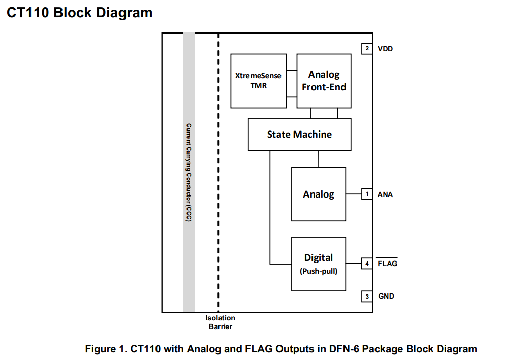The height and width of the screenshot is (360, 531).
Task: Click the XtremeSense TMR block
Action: pos(258,81)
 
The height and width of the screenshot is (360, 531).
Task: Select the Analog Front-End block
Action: pos(324,81)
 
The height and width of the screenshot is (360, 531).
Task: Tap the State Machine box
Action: pos(299,135)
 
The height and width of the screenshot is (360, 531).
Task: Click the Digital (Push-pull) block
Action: pos(319,264)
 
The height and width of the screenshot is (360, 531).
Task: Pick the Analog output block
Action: pos(319,194)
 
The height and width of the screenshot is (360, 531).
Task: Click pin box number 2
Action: pos(367,49)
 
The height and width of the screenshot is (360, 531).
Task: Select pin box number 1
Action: pos(367,194)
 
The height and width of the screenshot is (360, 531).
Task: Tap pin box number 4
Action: pos(367,264)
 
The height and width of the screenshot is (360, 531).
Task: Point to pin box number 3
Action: pos(367,296)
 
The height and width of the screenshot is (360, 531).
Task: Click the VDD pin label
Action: pos(385,49)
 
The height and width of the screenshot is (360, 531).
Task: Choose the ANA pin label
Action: pos(385,194)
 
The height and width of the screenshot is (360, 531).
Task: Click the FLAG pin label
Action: pos(387,264)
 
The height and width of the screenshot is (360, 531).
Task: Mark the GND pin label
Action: pos(386,296)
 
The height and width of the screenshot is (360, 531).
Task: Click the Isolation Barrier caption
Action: pos(220,322)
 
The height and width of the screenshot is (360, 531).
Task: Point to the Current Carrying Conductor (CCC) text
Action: pos(189,172)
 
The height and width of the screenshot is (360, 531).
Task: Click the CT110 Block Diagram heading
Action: pos(80,13)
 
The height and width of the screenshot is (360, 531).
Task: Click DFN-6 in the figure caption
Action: pos(345,349)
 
